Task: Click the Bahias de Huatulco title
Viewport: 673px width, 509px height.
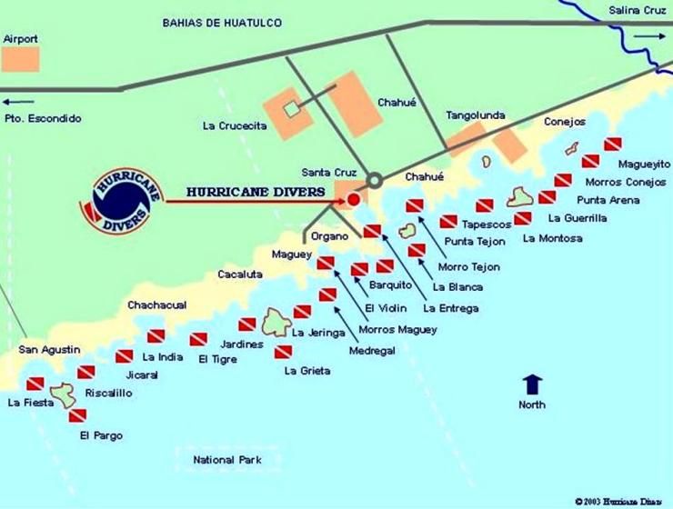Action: (x=222, y=22)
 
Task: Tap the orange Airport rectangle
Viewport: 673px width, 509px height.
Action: (x=21, y=58)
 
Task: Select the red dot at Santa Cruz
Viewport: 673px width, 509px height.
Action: (x=354, y=198)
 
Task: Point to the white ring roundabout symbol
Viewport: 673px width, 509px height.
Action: (x=373, y=180)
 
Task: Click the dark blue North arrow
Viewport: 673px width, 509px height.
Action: (x=532, y=383)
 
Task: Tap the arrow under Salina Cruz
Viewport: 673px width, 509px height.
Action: (x=648, y=35)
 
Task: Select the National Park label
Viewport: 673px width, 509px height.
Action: (x=226, y=460)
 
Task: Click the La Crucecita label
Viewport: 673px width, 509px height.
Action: (x=235, y=126)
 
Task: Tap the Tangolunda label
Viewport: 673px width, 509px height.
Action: (x=475, y=115)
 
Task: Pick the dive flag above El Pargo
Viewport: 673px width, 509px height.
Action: (x=77, y=416)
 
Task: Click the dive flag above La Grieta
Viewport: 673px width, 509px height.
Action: (x=285, y=353)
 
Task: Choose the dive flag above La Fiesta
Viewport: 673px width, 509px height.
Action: (x=35, y=384)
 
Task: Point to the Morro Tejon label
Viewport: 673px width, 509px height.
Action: (x=468, y=267)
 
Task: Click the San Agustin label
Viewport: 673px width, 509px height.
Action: (x=50, y=350)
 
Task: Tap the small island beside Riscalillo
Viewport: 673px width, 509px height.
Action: (x=63, y=394)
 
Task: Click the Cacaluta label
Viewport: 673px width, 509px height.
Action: (x=240, y=274)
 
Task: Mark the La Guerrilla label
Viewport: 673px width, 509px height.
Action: (x=578, y=218)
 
